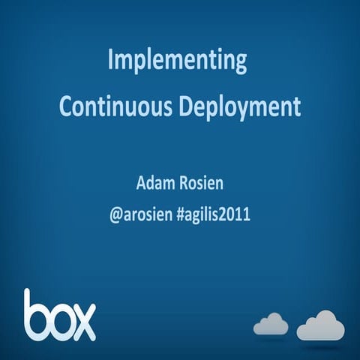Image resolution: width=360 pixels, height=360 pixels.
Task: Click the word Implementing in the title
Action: [177, 61]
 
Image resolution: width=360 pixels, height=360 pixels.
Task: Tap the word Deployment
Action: [239, 106]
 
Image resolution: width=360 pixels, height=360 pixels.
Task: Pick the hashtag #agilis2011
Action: [214, 214]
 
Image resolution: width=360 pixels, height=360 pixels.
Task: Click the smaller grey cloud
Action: [271, 324]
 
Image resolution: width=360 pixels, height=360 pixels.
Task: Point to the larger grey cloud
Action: [320, 325]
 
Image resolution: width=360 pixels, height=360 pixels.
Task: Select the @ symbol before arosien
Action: [115, 214]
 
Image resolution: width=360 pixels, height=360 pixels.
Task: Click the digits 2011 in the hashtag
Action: [235, 214]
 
